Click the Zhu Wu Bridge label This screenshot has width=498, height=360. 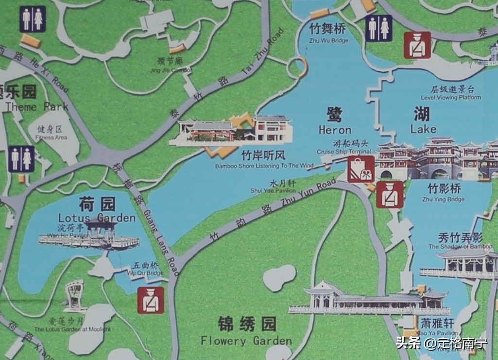click(x=328, y=34)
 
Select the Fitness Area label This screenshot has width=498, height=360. click(x=51, y=133)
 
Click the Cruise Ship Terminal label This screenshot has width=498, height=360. click(x=344, y=147)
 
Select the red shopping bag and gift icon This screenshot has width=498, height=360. click(x=361, y=169)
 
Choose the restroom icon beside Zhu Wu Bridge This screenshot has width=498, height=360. click(x=378, y=28)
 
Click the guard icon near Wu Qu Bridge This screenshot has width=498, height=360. click(x=151, y=300)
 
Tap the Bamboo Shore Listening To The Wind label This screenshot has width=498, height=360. click(x=264, y=161)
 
